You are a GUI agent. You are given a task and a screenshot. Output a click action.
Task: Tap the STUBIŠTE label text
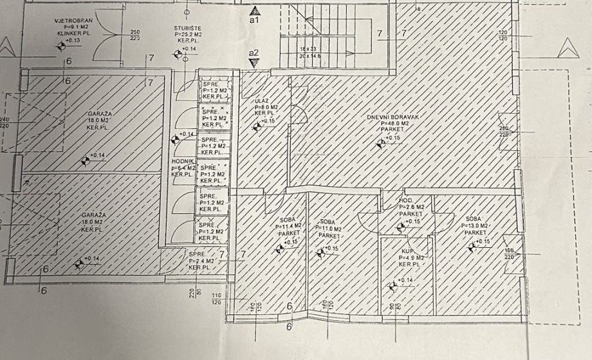187,29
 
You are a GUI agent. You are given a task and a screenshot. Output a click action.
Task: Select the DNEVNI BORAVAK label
393,117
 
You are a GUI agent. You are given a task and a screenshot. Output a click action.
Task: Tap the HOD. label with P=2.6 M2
407,200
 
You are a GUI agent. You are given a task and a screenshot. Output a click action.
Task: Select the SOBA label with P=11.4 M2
287,220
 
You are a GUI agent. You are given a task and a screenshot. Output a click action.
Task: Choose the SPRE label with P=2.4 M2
196,254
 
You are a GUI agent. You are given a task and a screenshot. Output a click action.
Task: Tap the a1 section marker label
254,21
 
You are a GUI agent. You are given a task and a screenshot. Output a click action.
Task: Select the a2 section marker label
254,53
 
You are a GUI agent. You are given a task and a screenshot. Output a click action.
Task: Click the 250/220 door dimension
135,35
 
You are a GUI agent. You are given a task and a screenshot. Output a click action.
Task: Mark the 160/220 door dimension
508,254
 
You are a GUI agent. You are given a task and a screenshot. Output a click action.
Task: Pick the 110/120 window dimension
216,298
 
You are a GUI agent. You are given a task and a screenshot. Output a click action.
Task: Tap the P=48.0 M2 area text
393,123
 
